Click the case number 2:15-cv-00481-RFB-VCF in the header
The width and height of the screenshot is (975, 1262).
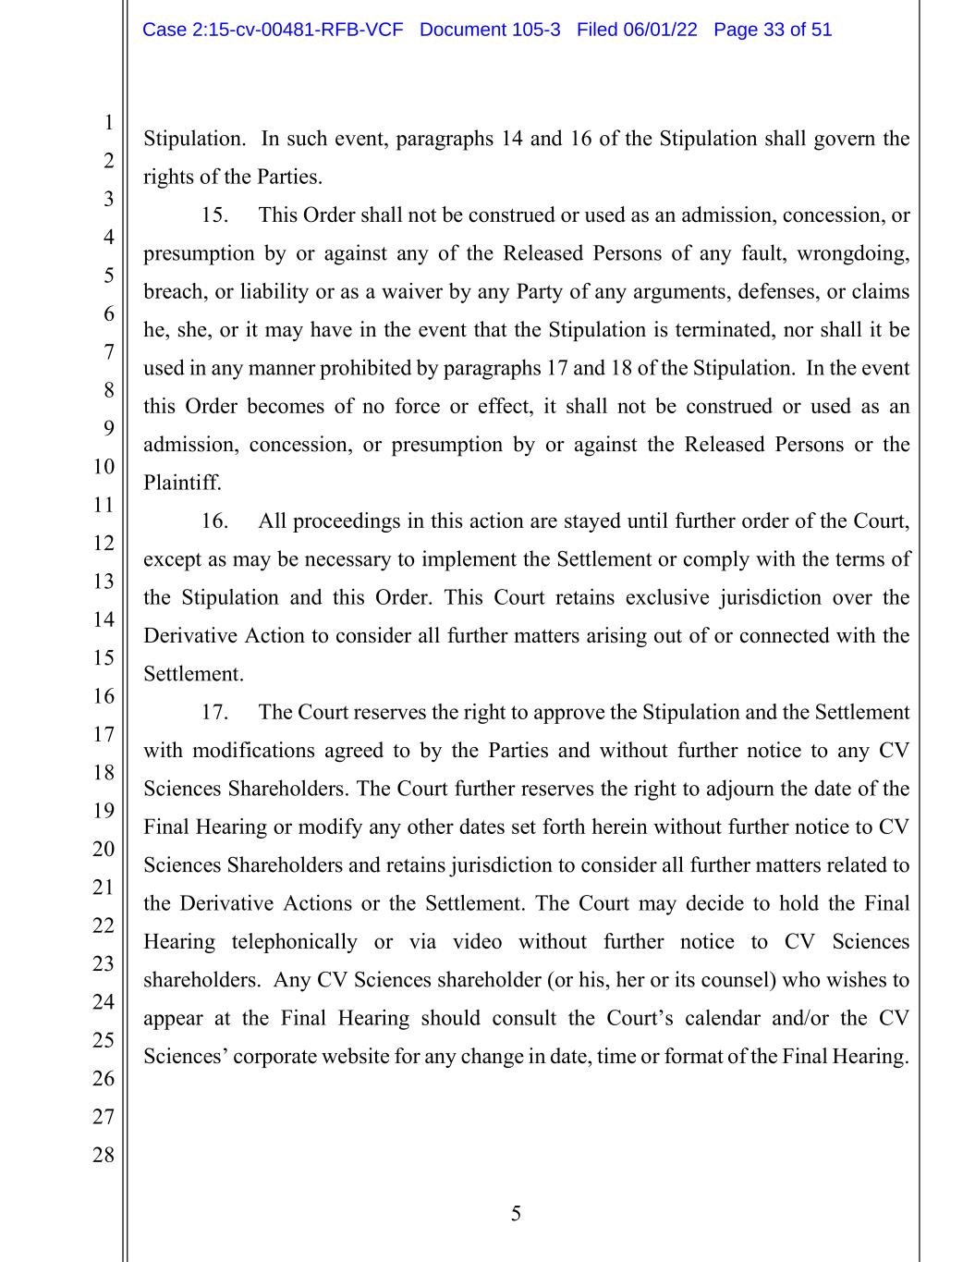273,30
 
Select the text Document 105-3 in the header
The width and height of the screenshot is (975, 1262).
490,30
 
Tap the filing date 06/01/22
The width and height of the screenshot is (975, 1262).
660,30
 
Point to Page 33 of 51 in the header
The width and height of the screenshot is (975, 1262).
773,30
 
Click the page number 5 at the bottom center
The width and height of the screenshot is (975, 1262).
516,1214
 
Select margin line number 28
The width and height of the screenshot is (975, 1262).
103,1155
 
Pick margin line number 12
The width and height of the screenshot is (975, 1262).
103,543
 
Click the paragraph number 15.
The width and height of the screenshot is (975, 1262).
214,215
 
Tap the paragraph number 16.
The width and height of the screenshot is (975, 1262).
214,521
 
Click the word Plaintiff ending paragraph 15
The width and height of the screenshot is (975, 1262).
181,483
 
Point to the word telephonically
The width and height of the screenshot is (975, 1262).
294,942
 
